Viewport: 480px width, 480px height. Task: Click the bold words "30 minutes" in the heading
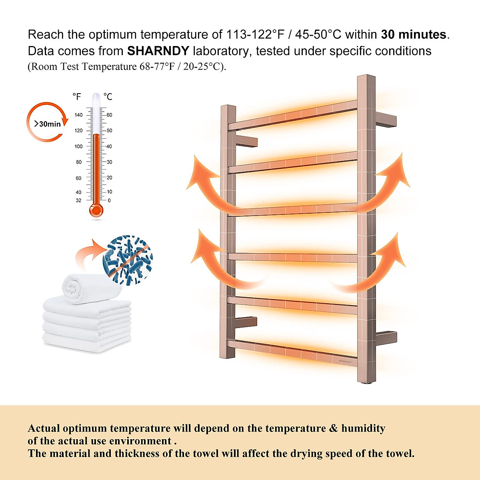point(413,35)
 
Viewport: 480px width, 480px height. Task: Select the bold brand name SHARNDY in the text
point(158,51)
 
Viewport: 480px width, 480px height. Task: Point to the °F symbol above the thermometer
point(77,97)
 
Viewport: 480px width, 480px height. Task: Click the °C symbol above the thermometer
point(108,97)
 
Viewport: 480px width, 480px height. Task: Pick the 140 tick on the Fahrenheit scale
point(78,115)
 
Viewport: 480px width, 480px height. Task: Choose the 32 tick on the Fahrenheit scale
point(78,200)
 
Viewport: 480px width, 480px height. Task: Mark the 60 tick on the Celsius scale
point(109,115)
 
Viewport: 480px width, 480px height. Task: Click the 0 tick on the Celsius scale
point(109,200)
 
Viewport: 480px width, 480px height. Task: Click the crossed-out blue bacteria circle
point(128,260)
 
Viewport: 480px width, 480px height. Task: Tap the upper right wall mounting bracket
point(386,120)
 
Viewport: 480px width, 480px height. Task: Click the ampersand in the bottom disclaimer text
point(333,429)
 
